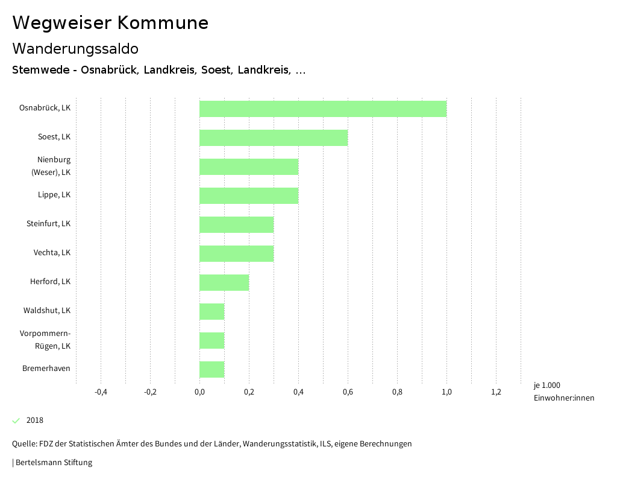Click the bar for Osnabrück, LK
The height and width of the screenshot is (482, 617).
coord(323,109)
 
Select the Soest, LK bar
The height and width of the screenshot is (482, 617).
coord(274,138)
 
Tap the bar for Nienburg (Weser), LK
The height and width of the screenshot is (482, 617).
coord(249,166)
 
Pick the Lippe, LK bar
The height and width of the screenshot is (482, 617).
coord(249,195)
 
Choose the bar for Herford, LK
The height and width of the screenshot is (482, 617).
coord(224,282)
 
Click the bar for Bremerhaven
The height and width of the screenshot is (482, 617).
coord(212,369)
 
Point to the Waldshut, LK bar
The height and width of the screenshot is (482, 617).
coord(212,311)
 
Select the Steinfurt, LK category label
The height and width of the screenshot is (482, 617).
coord(48,224)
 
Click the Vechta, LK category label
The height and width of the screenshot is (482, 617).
coord(52,253)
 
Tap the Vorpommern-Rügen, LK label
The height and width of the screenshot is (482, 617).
coord(45,340)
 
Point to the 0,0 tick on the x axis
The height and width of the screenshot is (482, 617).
coord(199,392)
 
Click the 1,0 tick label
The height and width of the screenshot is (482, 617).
coord(446,392)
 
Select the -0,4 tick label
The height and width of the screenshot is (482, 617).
coord(101,392)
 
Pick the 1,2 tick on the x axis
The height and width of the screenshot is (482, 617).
coord(496,392)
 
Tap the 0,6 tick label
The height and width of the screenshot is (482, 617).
coord(348,392)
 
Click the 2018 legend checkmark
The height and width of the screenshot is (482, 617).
coord(16,420)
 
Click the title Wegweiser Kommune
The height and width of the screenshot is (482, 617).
coord(110,23)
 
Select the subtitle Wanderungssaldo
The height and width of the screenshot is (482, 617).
coord(75,48)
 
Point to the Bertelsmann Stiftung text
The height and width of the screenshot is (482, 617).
coord(53,463)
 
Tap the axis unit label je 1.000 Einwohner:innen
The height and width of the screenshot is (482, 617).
coord(563,392)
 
